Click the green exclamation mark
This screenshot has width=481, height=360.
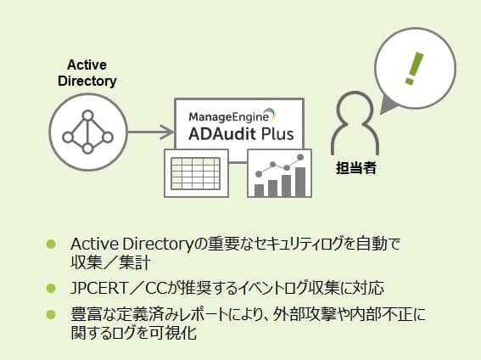(x=414, y=69)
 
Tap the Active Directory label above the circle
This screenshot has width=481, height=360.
(x=87, y=73)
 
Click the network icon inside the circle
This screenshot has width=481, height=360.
(x=87, y=132)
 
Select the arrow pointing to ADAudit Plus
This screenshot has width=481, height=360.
(x=151, y=132)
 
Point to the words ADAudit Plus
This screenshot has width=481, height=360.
(x=241, y=134)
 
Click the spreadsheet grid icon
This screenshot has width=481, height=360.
(x=196, y=174)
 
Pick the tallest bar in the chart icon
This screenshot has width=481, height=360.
(x=300, y=182)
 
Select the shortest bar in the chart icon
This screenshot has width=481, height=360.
(x=260, y=190)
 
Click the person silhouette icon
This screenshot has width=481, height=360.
(x=355, y=123)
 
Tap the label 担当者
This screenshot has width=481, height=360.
(x=355, y=168)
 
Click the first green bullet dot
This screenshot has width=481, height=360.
(x=51, y=244)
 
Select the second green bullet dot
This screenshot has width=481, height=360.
(x=51, y=288)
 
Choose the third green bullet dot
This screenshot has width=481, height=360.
(x=51, y=315)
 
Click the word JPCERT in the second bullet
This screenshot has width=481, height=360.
(x=98, y=288)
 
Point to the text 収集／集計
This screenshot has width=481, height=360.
(x=110, y=262)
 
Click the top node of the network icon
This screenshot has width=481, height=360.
(x=87, y=115)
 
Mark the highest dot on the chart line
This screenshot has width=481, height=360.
(x=300, y=157)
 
